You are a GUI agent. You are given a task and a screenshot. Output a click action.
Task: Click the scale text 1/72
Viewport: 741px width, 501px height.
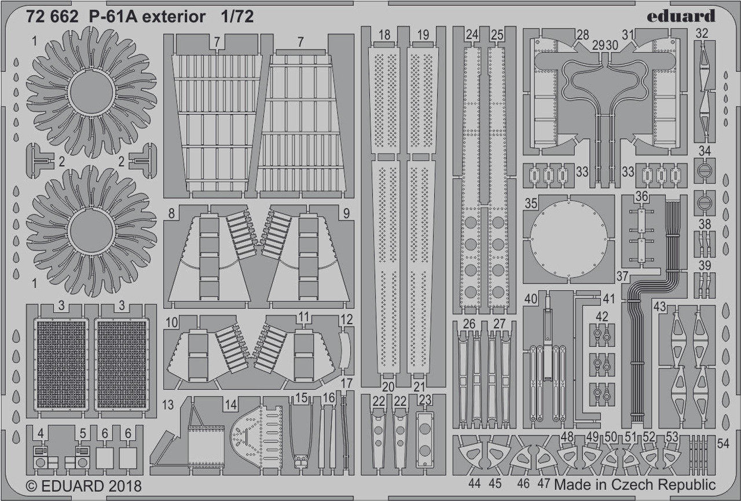237,17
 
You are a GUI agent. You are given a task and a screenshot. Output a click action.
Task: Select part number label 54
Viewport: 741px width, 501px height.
723,443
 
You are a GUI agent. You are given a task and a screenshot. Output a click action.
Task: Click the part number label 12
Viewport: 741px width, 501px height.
346,319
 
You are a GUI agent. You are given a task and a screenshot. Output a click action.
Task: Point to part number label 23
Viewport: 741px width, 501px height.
425,399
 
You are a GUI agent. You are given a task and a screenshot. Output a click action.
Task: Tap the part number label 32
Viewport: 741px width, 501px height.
702,34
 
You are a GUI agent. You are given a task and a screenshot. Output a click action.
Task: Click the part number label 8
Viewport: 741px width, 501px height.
171,213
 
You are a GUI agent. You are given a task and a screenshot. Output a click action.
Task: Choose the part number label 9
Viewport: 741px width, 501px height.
346,213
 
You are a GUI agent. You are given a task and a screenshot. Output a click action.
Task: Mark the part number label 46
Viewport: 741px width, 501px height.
524,482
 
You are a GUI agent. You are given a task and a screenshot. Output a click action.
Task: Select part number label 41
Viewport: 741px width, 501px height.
608,299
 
